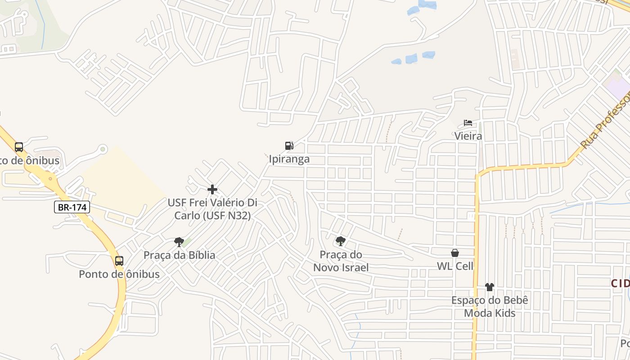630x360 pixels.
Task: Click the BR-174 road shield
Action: click(72, 207)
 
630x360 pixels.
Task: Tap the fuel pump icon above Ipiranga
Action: click(289, 145)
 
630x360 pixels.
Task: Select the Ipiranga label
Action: click(289, 159)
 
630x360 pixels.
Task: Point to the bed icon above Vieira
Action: click(468, 123)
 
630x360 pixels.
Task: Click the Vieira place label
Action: click(468, 136)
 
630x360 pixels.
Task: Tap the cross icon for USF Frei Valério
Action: click(212, 189)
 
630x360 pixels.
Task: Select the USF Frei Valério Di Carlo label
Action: click(212, 209)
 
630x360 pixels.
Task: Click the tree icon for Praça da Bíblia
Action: click(179, 242)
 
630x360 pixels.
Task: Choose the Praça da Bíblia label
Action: click(179, 255)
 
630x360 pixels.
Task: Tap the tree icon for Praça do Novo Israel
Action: click(341, 241)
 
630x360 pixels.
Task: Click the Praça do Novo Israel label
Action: click(341, 261)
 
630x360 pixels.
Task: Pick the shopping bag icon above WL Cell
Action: click(455, 253)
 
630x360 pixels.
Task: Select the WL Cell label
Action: click(455, 266)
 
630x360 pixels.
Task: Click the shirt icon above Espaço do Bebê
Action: click(490, 287)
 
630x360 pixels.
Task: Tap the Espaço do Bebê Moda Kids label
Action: click(490, 306)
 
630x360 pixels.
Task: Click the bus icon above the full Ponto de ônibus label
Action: click(119, 261)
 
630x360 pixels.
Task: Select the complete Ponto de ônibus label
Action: click(119, 274)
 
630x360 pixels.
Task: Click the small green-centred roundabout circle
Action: click(103, 148)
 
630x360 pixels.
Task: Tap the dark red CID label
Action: click(621, 283)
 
